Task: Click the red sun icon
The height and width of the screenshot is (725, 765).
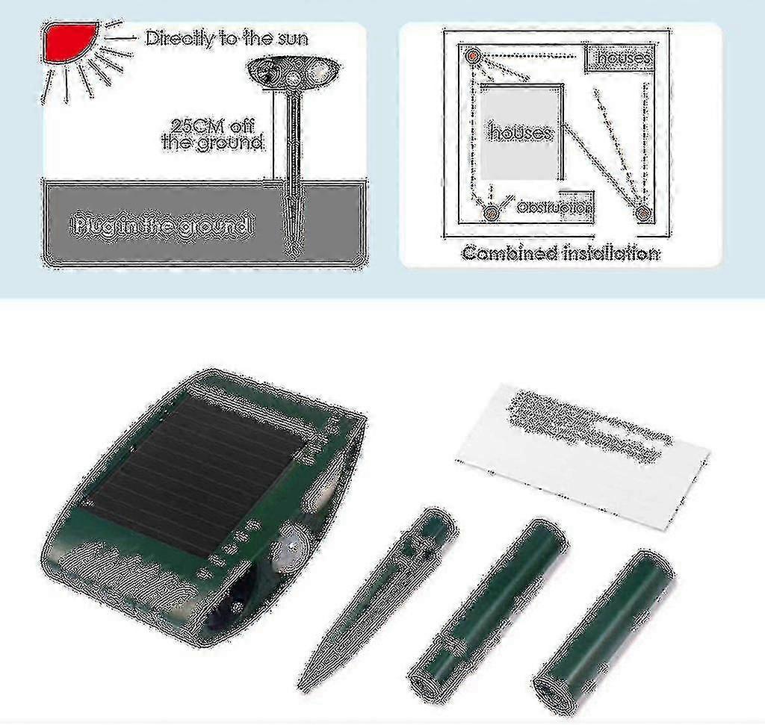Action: [x=69, y=41]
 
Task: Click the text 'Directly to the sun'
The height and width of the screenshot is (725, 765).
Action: [x=226, y=38]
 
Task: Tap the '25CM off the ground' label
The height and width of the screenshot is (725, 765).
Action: [x=213, y=134]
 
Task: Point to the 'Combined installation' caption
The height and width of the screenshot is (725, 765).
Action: [x=560, y=253]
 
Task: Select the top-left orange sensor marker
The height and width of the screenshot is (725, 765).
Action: [x=472, y=55]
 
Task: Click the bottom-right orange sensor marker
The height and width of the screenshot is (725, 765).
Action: [x=642, y=214]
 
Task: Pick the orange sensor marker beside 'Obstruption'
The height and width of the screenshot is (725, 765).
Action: [x=491, y=214]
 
